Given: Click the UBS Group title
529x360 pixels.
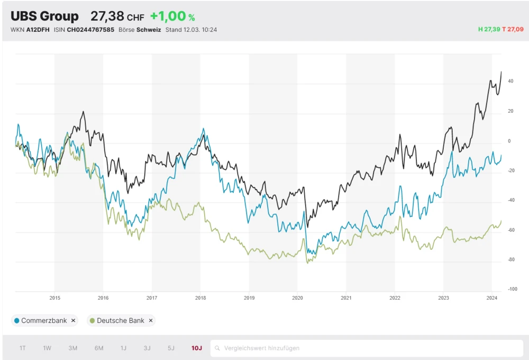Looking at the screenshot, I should [44, 16].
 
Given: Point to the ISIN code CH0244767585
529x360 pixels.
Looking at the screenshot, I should [90, 30].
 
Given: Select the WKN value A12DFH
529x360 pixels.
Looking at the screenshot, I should [38, 30].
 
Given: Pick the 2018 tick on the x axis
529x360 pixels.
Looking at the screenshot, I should [200, 298].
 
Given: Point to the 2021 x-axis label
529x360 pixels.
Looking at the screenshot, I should [346, 298].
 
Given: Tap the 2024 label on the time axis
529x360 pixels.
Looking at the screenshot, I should [492, 298].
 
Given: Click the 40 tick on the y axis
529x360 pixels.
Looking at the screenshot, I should [510, 82].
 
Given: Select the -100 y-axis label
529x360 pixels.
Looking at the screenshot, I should [512, 289].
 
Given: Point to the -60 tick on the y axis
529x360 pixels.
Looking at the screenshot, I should [512, 230].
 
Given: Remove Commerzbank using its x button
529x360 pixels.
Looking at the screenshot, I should [74, 320].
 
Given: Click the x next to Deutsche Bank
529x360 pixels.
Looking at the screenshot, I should [151, 320].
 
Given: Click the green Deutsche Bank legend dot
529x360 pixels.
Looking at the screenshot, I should [93, 320].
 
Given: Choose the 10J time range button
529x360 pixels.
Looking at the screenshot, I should [197, 348].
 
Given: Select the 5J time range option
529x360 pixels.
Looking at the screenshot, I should [171, 348].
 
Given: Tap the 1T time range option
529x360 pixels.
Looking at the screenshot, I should [23, 348].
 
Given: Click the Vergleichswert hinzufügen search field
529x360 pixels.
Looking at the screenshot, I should [367, 348].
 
